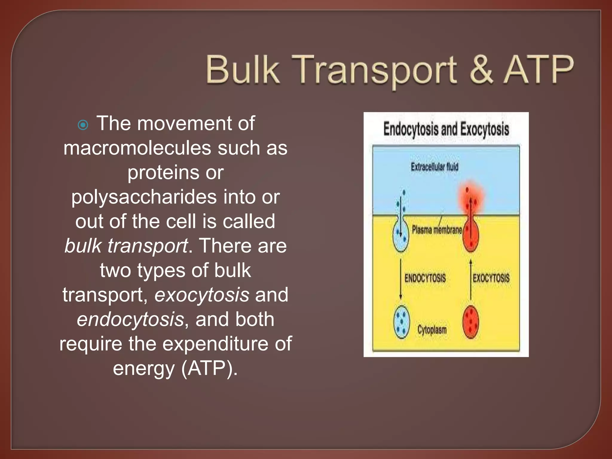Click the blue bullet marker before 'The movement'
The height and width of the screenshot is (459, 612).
83,125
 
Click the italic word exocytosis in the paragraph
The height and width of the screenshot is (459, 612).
202,295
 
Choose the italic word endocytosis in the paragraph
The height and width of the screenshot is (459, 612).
130,319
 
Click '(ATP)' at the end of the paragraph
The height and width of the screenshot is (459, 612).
209,368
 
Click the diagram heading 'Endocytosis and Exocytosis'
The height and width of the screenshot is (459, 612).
446,129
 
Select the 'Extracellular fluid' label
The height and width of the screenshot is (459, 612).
434,167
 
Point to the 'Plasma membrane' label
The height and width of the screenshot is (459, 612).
437,230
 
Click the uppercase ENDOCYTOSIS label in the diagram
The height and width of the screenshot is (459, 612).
425,278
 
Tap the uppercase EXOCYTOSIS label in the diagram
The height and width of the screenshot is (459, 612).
491,278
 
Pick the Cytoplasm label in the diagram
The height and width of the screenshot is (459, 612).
432,330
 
